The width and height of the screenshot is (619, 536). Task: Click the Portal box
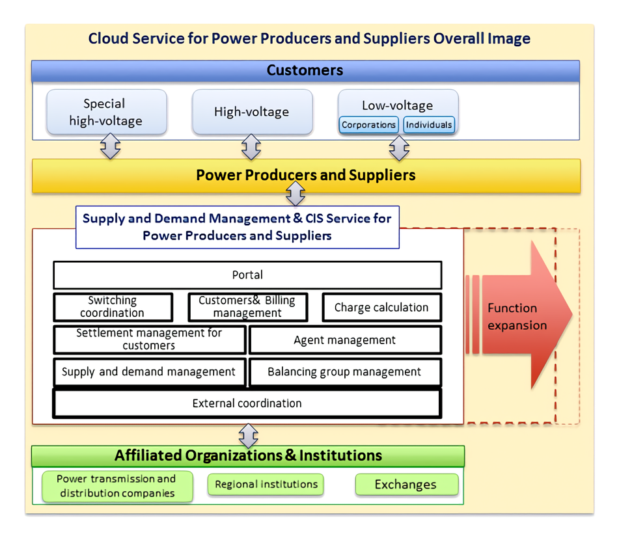tap(247, 275)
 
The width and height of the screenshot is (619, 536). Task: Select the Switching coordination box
tap(113, 307)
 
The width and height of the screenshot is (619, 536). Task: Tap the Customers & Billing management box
tap(247, 307)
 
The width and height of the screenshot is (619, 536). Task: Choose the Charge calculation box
tap(381, 307)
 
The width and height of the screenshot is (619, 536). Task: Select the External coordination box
tap(247, 403)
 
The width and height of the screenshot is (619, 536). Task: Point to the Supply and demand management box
tap(150, 372)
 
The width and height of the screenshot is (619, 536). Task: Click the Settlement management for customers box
tap(150, 340)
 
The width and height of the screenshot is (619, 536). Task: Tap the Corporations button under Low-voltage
tap(368, 125)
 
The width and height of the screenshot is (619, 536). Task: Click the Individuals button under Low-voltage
tap(429, 125)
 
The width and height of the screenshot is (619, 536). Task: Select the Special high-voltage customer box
tap(107, 112)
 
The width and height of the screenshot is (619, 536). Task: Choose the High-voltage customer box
tap(253, 112)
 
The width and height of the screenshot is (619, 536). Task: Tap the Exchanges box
tap(407, 485)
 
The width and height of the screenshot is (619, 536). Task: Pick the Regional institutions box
tap(266, 485)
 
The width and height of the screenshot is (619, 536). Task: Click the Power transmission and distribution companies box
tap(117, 487)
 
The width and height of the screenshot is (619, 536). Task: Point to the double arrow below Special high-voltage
tap(110, 146)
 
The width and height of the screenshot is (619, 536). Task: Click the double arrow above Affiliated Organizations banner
tap(248, 436)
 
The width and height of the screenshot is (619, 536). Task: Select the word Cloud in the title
tap(108, 38)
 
